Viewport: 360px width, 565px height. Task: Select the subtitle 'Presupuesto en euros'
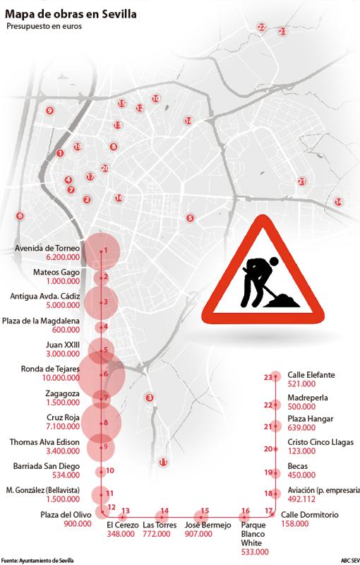click(44, 27)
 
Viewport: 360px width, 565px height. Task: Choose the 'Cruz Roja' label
click(60, 418)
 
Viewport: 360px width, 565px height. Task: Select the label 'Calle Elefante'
click(311, 374)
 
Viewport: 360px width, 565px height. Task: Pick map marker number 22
click(262, 27)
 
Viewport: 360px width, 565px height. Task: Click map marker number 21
click(301, 182)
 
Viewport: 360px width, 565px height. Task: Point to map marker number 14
click(339, 202)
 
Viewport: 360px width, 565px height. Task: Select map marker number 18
click(188, 121)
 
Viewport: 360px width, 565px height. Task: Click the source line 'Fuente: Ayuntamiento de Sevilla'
click(37, 560)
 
